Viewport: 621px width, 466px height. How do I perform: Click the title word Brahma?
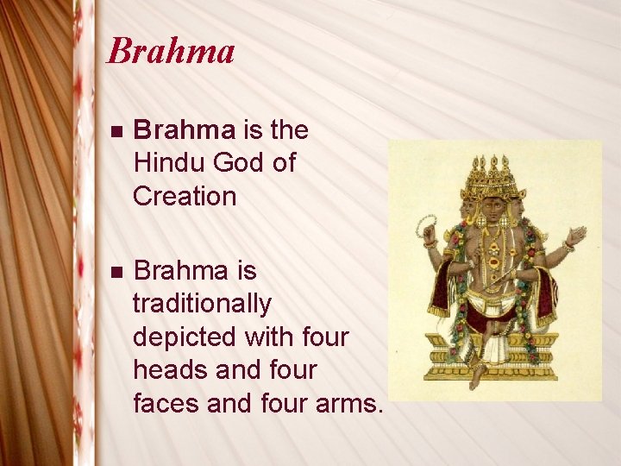tap(170, 52)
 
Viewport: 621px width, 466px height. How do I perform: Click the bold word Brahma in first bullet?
tap(185, 130)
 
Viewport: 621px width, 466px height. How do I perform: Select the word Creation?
tap(185, 196)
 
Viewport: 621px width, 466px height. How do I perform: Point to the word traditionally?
tap(202, 304)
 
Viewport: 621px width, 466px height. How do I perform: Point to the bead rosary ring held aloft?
tap(425, 226)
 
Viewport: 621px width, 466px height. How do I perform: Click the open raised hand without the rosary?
tap(575, 234)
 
